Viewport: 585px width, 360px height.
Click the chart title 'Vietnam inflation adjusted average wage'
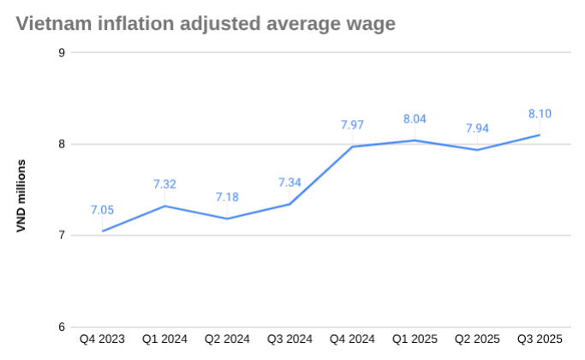pos(206,24)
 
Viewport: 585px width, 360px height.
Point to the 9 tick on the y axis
pos(62,52)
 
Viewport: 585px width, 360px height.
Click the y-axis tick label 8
pos(62,144)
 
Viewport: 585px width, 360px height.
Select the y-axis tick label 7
pos(62,236)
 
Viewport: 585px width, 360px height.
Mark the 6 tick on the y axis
pos(62,327)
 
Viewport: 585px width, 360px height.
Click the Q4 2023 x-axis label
pos(103,339)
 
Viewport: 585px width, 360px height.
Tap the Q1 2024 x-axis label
pos(165,339)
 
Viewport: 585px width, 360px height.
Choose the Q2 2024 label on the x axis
pos(228,339)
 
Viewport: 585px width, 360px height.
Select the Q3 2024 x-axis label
pos(290,339)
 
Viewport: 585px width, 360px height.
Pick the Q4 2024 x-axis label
pos(353,339)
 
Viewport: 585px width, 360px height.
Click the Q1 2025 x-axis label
pos(415,339)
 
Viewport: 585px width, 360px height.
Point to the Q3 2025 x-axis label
pos(540,339)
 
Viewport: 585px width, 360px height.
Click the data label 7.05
pos(103,210)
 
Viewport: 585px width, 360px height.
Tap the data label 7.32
pos(165,184)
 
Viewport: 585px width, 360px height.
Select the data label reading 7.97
pos(353,125)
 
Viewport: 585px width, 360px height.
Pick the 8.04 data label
pos(415,119)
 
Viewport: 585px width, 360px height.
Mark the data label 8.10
pos(540,113)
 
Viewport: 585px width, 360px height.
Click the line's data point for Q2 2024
pos(228,219)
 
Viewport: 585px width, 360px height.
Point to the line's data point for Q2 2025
pos(478,150)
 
